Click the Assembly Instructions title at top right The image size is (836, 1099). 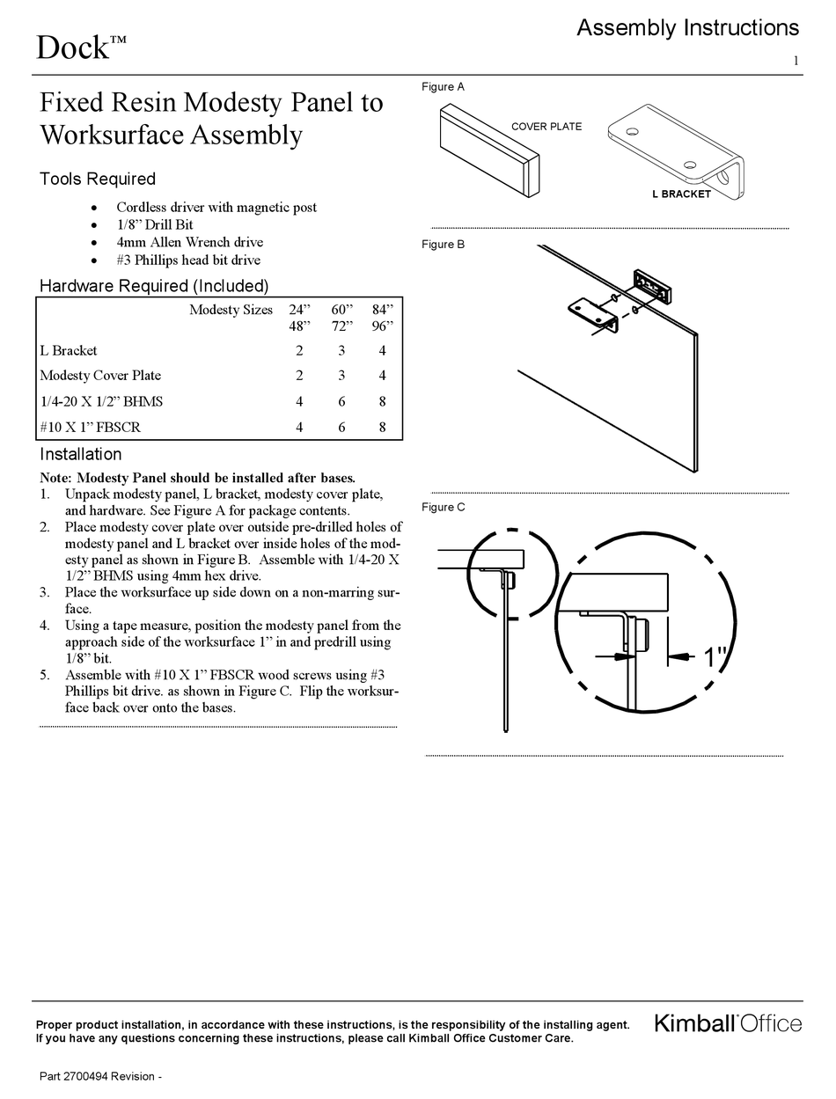[x=687, y=28]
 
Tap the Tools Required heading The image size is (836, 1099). [x=97, y=180]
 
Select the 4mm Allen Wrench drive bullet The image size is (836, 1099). [x=189, y=242]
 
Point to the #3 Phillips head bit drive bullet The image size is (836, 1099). [x=188, y=260]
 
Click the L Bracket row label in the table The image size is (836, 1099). [x=69, y=350]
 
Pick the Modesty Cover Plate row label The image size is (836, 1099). [x=100, y=376]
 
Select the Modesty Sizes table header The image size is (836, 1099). [x=231, y=310]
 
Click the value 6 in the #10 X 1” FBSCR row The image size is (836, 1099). [x=341, y=427]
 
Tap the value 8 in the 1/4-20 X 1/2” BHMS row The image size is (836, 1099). [x=383, y=401]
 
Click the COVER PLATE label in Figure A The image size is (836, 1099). [x=546, y=127]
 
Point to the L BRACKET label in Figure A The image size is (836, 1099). [x=681, y=194]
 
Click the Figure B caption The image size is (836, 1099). [x=443, y=245]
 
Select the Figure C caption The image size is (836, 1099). [x=443, y=508]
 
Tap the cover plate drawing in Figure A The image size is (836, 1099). [x=488, y=153]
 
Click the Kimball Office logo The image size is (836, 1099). [x=727, y=1023]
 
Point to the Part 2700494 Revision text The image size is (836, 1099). [x=100, y=1077]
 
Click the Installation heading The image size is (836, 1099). [x=81, y=455]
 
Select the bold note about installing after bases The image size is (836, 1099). [x=198, y=478]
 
